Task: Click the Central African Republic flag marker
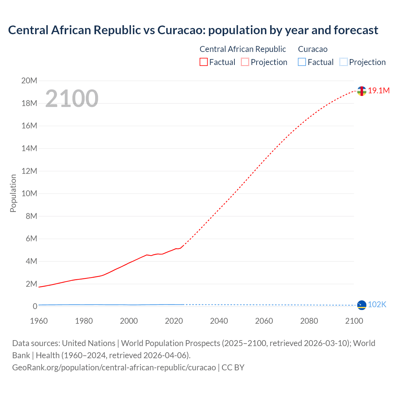tap(362, 91)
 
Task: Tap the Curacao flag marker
tap(362, 305)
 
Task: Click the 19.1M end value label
tap(379, 90)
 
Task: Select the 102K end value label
tap(377, 305)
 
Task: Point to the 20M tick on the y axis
tap(29, 81)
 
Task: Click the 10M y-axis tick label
tap(29, 194)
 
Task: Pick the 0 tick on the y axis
tap(35, 307)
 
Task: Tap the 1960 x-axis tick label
tap(39, 321)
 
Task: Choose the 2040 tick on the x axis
tap(219, 321)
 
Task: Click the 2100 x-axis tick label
tap(354, 321)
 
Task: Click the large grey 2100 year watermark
tap(72, 99)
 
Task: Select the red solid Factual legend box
tap(204, 62)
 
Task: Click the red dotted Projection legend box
tap(245, 62)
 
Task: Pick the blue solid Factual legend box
tap(302, 62)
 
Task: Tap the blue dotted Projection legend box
tap(343, 62)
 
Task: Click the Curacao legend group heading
tap(312, 49)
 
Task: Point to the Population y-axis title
tap(13, 193)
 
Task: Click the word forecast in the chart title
tap(356, 30)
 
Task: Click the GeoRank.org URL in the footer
tap(114, 368)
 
